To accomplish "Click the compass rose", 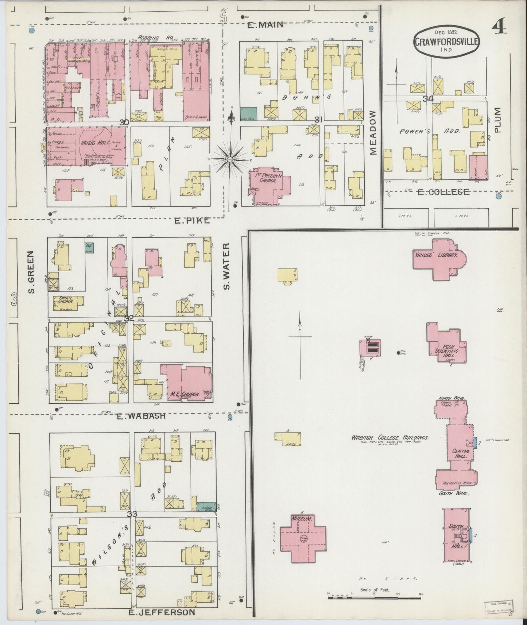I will tap(230, 159).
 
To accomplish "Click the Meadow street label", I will tap(373, 133).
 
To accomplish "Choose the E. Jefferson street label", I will tap(162, 613).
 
